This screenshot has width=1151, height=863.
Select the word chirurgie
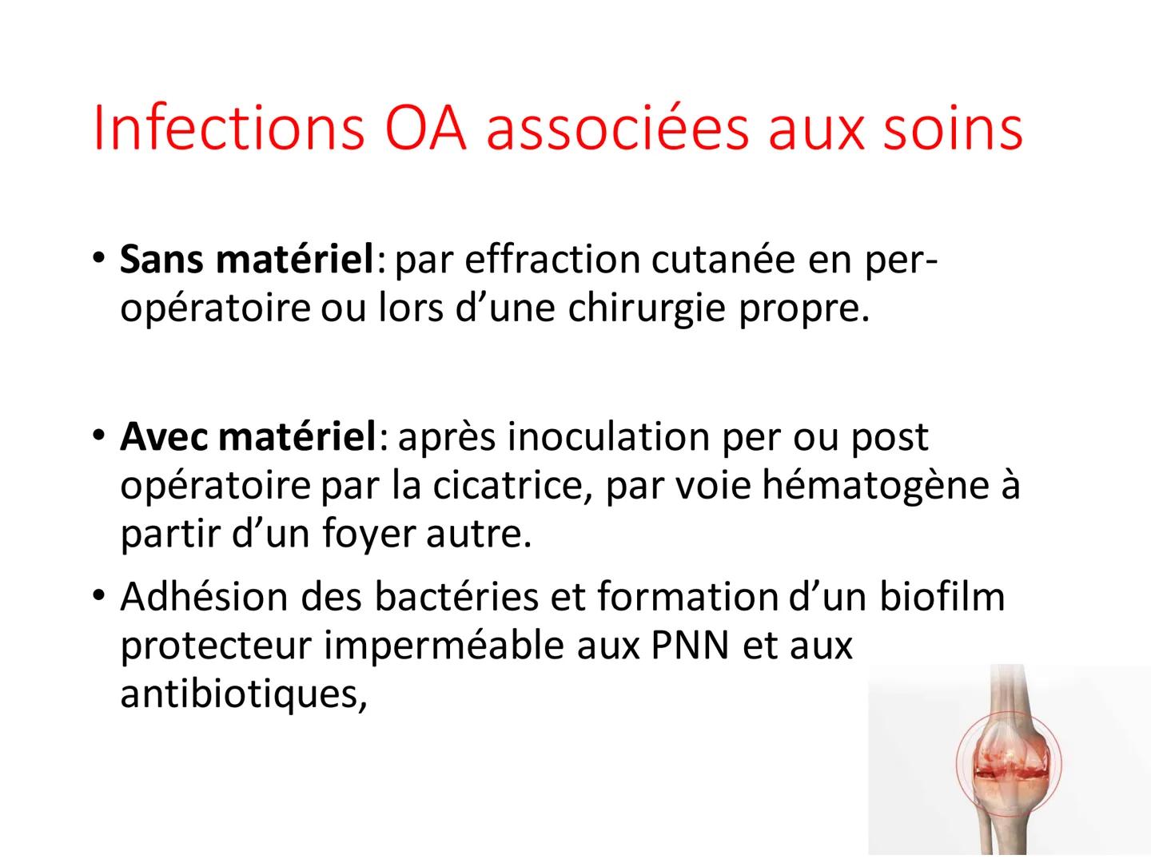[648, 309]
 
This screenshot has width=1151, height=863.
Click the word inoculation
[607, 437]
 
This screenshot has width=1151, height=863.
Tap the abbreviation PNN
[689, 646]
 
